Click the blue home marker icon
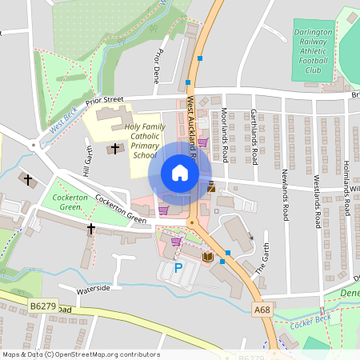point(180,173)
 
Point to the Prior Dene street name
point(158,66)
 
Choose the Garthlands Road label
point(254,135)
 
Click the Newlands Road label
point(285,194)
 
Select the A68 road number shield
point(262,307)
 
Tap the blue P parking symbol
point(178,270)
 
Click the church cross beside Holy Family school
point(114,148)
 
